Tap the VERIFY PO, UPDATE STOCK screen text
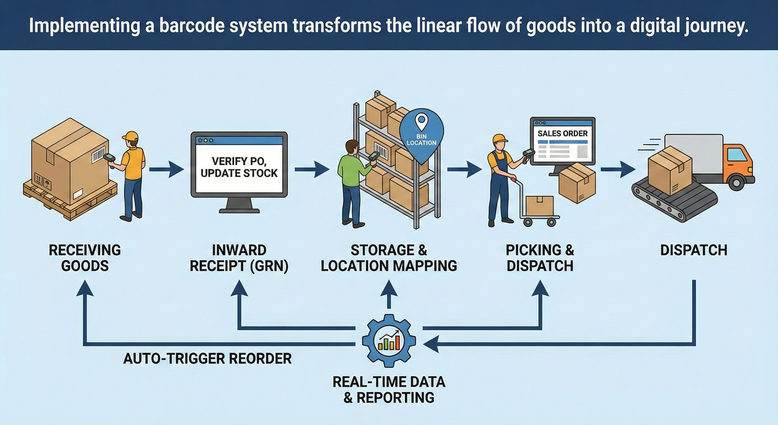pyautogui.click(x=239, y=167)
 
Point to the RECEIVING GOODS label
pyautogui.click(x=85, y=258)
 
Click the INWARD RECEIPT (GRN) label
pyautogui.click(x=239, y=258)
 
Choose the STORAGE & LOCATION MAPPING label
pyautogui.click(x=389, y=258)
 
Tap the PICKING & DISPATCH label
pyautogui.click(x=540, y=258)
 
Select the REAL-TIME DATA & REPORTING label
pyautogui.click(x=389, y=390)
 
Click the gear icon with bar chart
pyautogui.click(x=389, y=341)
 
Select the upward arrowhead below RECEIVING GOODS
pyautogui.click(x=85, y=287)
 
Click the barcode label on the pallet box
pyautogui.click(x=98, y=154)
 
